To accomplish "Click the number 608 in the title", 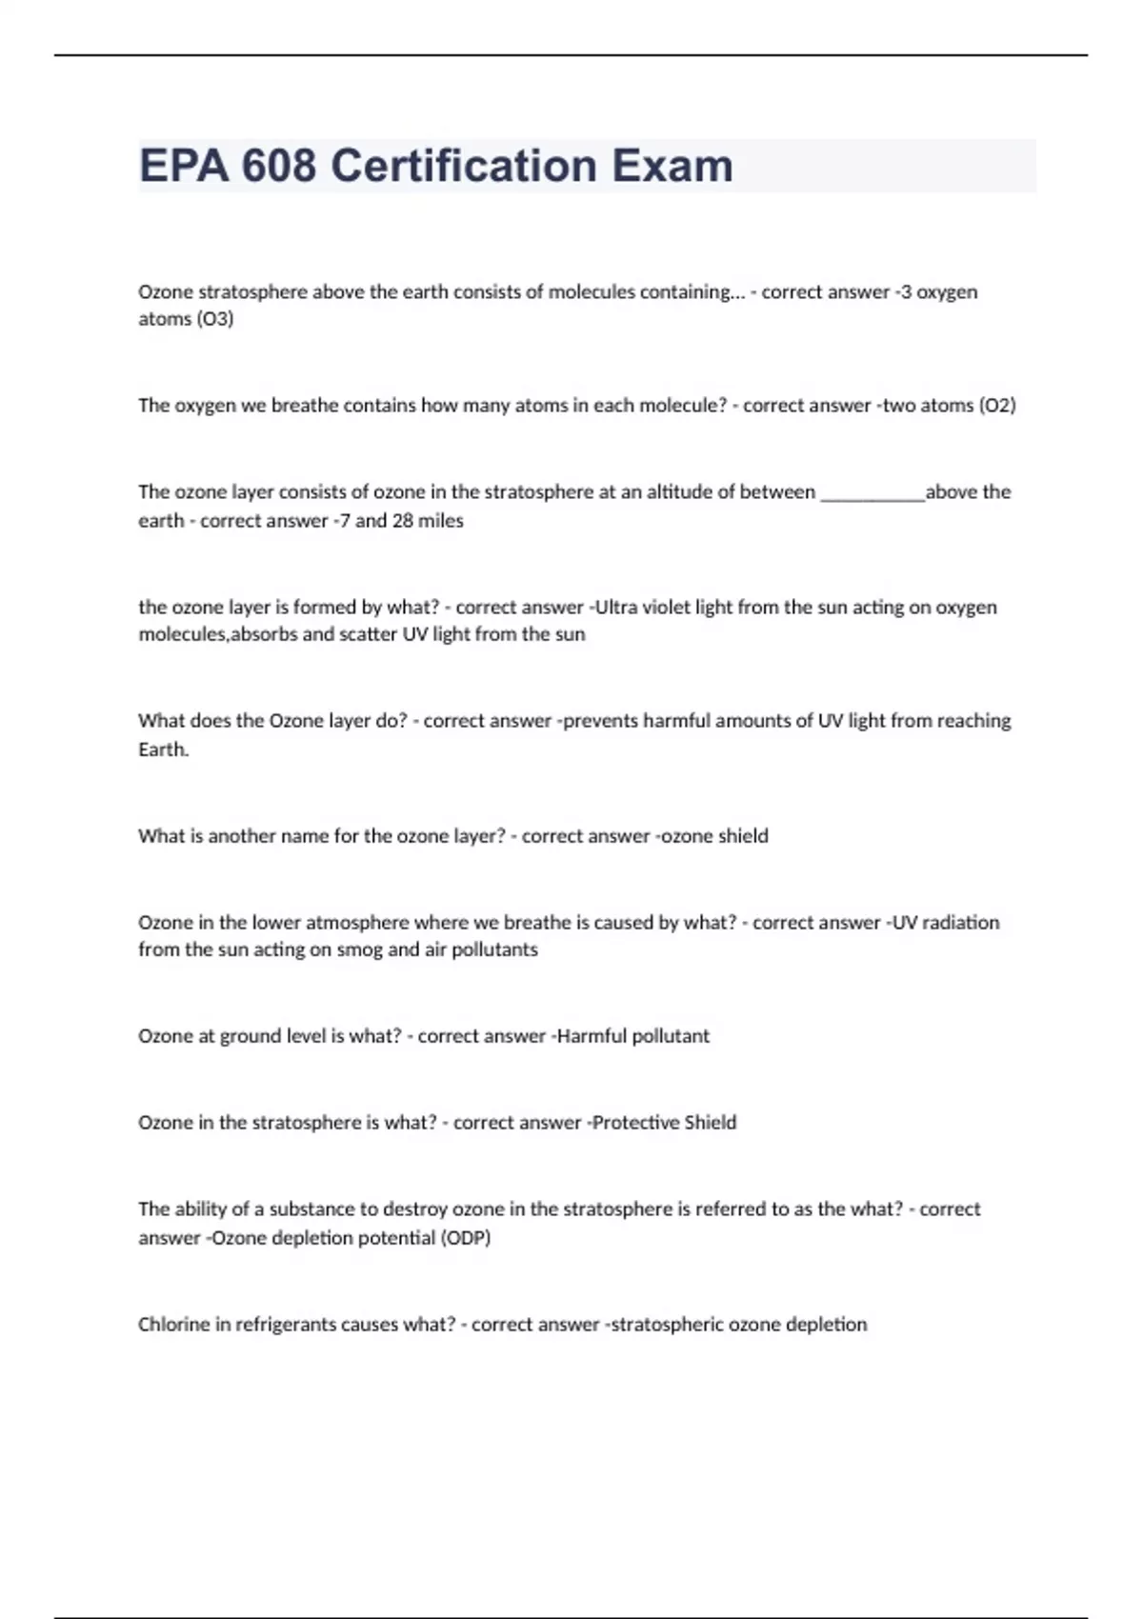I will (x=278, y=166).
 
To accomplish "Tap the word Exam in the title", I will (x=672, y=166).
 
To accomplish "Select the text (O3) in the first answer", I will (x=215, y=319).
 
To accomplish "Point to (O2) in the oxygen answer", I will (x=997, y=406).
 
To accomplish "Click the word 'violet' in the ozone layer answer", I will (x=669, y=608).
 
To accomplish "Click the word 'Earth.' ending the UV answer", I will (x=164, y=750).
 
